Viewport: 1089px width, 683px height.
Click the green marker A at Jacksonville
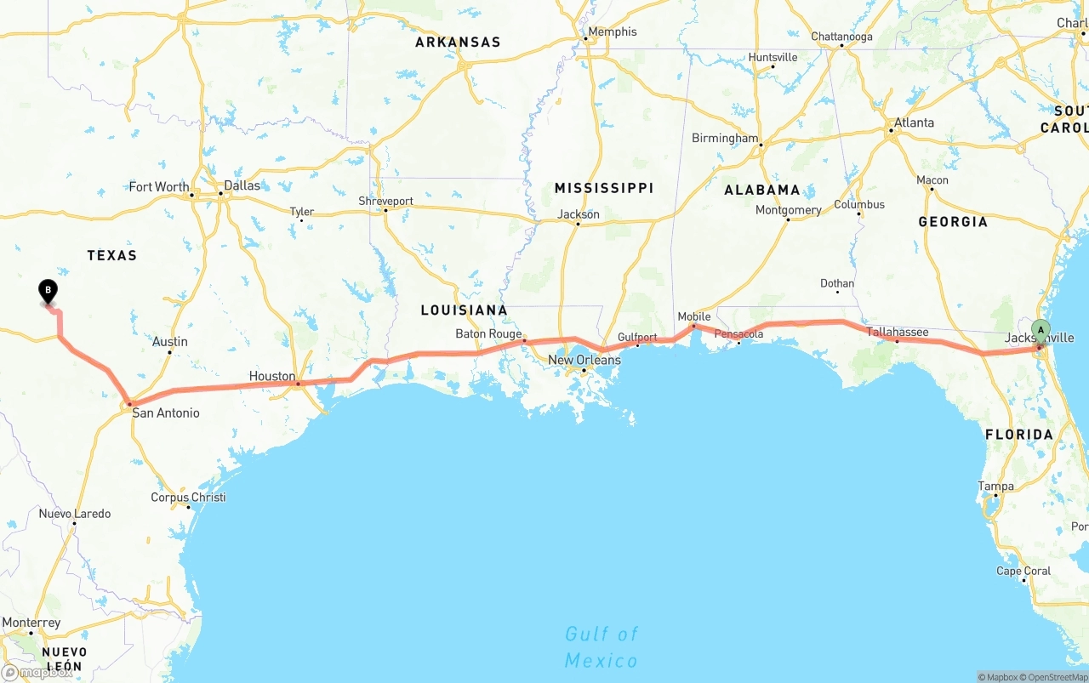coord(1041,330)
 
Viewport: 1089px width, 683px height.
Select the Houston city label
coord(272,376)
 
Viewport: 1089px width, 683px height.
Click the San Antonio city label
coord(165,413)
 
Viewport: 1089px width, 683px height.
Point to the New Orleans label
coord(584,360)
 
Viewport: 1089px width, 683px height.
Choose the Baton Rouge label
coord(488,333)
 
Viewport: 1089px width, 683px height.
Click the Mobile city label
coord(693,316)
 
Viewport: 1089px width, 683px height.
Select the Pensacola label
coord(738,333)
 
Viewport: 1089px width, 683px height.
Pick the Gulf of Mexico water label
coord(601,646)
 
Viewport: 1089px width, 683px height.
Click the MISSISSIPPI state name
coord(604,188)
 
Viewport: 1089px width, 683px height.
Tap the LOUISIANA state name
coord(464,310)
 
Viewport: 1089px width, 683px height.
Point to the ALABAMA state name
coord(762,190)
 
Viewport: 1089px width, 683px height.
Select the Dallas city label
coord(242,185)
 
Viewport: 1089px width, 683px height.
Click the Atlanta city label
coord(914,122)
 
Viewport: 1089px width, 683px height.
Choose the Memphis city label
coord(613,31)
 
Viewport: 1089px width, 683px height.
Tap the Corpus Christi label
coord(188,498)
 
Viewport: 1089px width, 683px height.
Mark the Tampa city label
coord(995,487)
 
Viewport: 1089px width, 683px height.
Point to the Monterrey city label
coord(31,623)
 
